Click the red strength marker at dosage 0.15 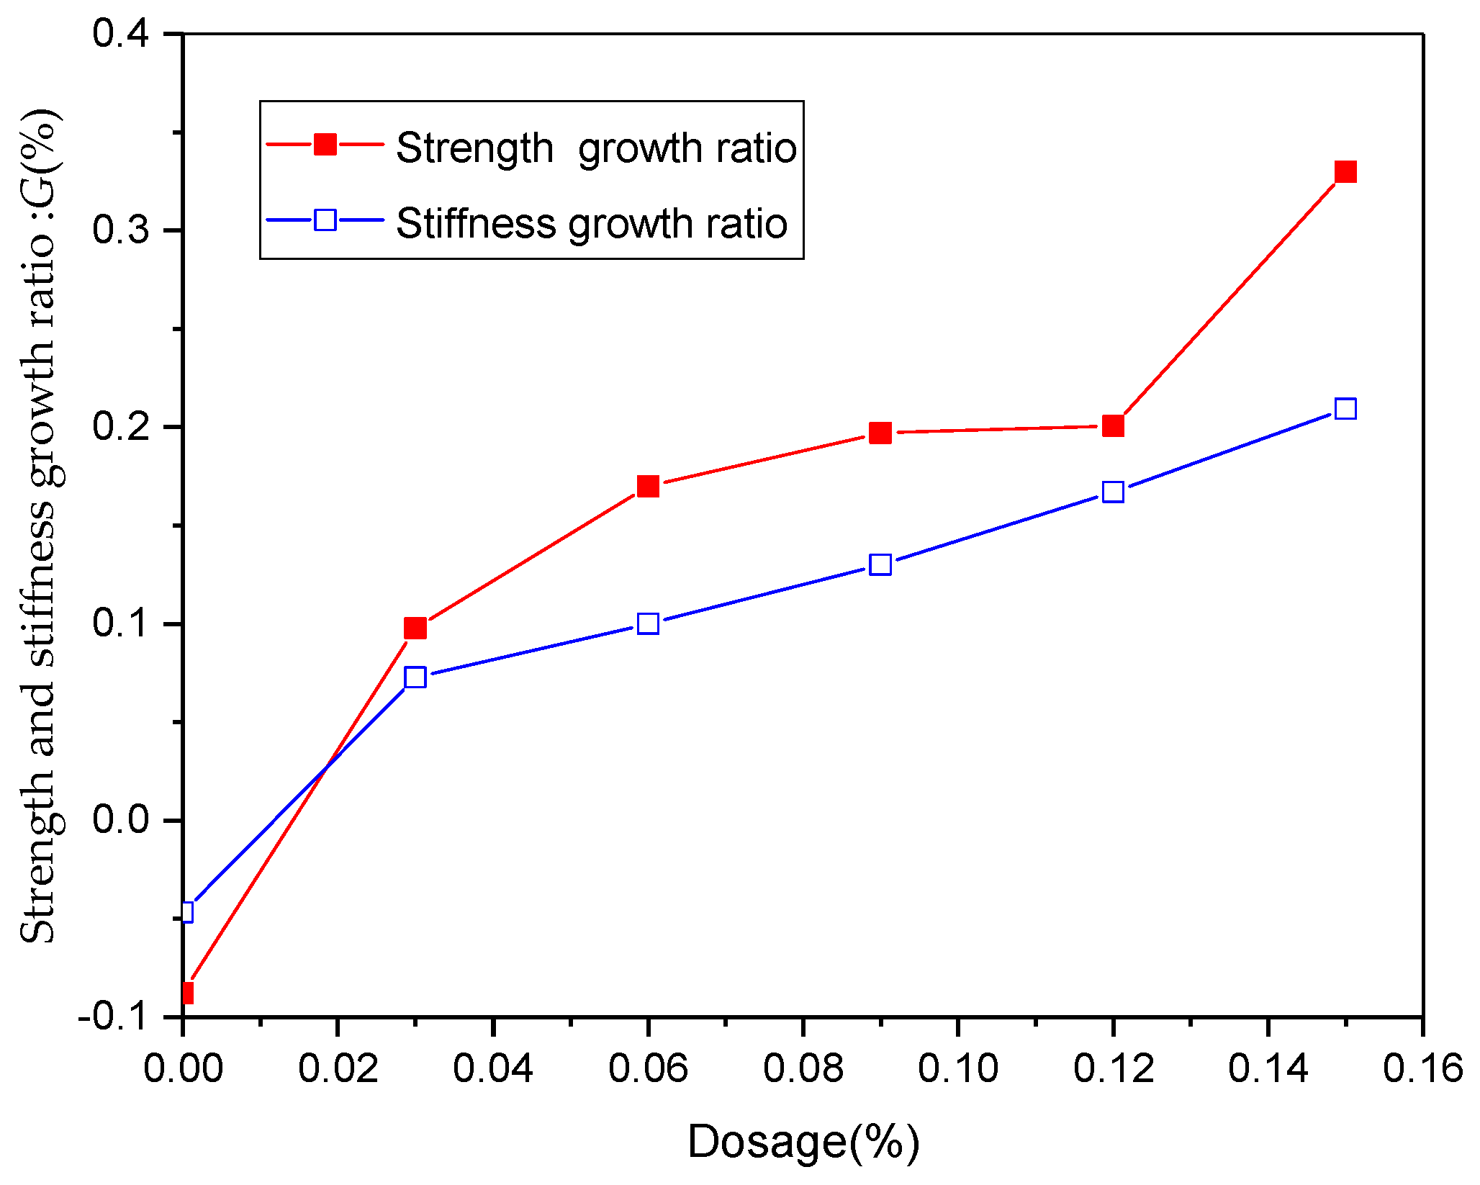point(1345,172)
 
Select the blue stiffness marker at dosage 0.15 point(1345,409)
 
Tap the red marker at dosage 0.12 point(1113,426)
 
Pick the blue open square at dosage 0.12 point(1113,492)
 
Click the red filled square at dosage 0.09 point(880,433)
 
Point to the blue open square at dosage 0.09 point(880,564)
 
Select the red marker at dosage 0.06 point(648,487)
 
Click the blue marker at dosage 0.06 point(648,623)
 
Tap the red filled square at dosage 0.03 point(415,628)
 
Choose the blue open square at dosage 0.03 point(415,677)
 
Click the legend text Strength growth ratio point(596,148)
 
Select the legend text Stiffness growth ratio point(592,223)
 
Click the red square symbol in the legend point(325,145)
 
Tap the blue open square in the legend point(325,220)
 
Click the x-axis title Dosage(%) point(803,1142)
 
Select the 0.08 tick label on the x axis point(803,1068)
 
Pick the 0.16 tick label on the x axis point(1422,1068)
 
